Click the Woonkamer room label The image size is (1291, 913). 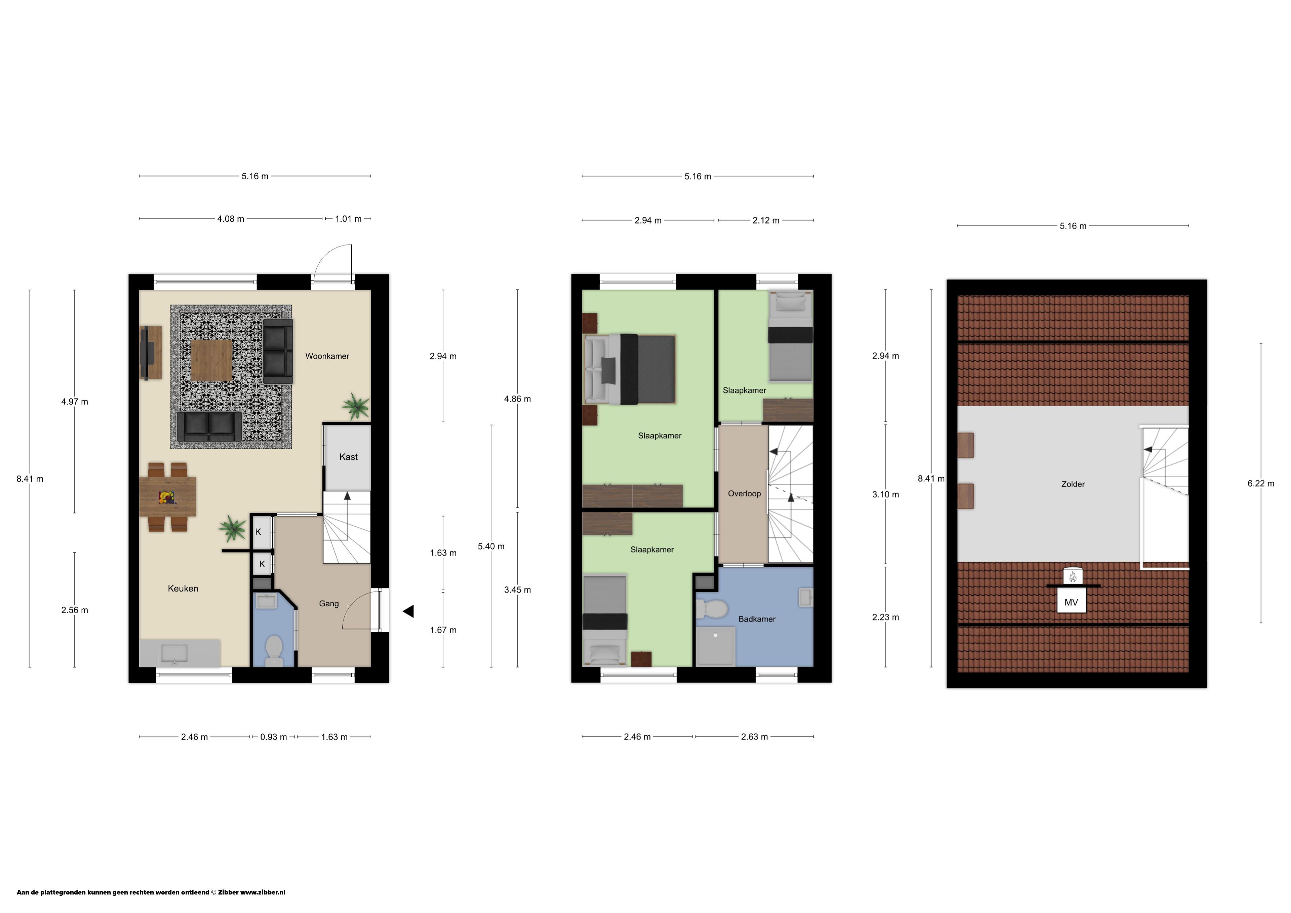pos(327,356)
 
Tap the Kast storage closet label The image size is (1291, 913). pos(348,457)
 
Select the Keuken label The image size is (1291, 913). pos(183,588)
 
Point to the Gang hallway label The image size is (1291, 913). pos(329,604)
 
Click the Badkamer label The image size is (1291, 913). pos(757,619)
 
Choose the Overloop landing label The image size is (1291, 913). pos(744,493)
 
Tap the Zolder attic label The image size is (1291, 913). pos(1073,484)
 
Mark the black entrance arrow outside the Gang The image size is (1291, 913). pos(409,611)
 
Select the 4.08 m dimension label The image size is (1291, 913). pos(231,219)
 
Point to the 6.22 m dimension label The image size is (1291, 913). pos(1261,483)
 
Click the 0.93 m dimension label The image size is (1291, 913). pos(273,737)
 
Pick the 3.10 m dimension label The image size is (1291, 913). pos(886,494)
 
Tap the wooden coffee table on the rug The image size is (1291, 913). pos(211,360)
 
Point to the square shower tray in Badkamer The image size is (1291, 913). pos(715,646)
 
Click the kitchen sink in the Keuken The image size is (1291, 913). pos(174,653)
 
